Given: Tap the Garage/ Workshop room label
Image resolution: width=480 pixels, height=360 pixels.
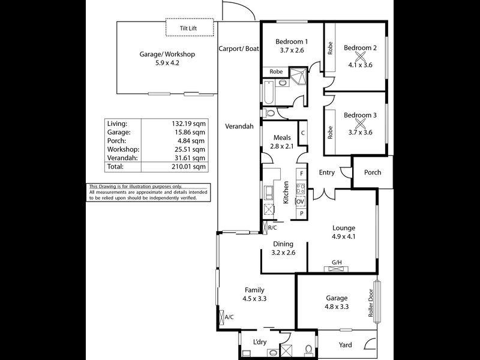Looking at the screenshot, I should pos(167,54).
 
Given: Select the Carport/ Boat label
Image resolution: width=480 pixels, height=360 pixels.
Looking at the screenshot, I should pos(238,49).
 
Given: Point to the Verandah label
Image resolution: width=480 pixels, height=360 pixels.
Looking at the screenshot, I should pos(238,127).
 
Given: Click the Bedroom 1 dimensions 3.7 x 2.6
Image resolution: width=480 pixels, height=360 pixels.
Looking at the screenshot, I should pos(292,51).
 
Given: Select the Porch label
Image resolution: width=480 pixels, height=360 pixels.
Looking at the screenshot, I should pos(373,173).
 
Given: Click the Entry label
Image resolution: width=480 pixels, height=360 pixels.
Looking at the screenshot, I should pos(326,173).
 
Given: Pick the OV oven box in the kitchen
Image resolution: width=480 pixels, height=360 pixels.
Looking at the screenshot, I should pos(301,201).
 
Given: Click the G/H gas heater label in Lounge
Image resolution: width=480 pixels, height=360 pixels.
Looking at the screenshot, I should pos(337,262).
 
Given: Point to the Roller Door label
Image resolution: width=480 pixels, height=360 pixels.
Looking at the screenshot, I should pos(371,304).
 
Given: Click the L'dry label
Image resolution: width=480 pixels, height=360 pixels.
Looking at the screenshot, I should pos(260,343).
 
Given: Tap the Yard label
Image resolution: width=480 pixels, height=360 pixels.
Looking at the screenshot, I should pos(345,345).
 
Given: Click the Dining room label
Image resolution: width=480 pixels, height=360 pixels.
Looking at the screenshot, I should pos(283,244).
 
